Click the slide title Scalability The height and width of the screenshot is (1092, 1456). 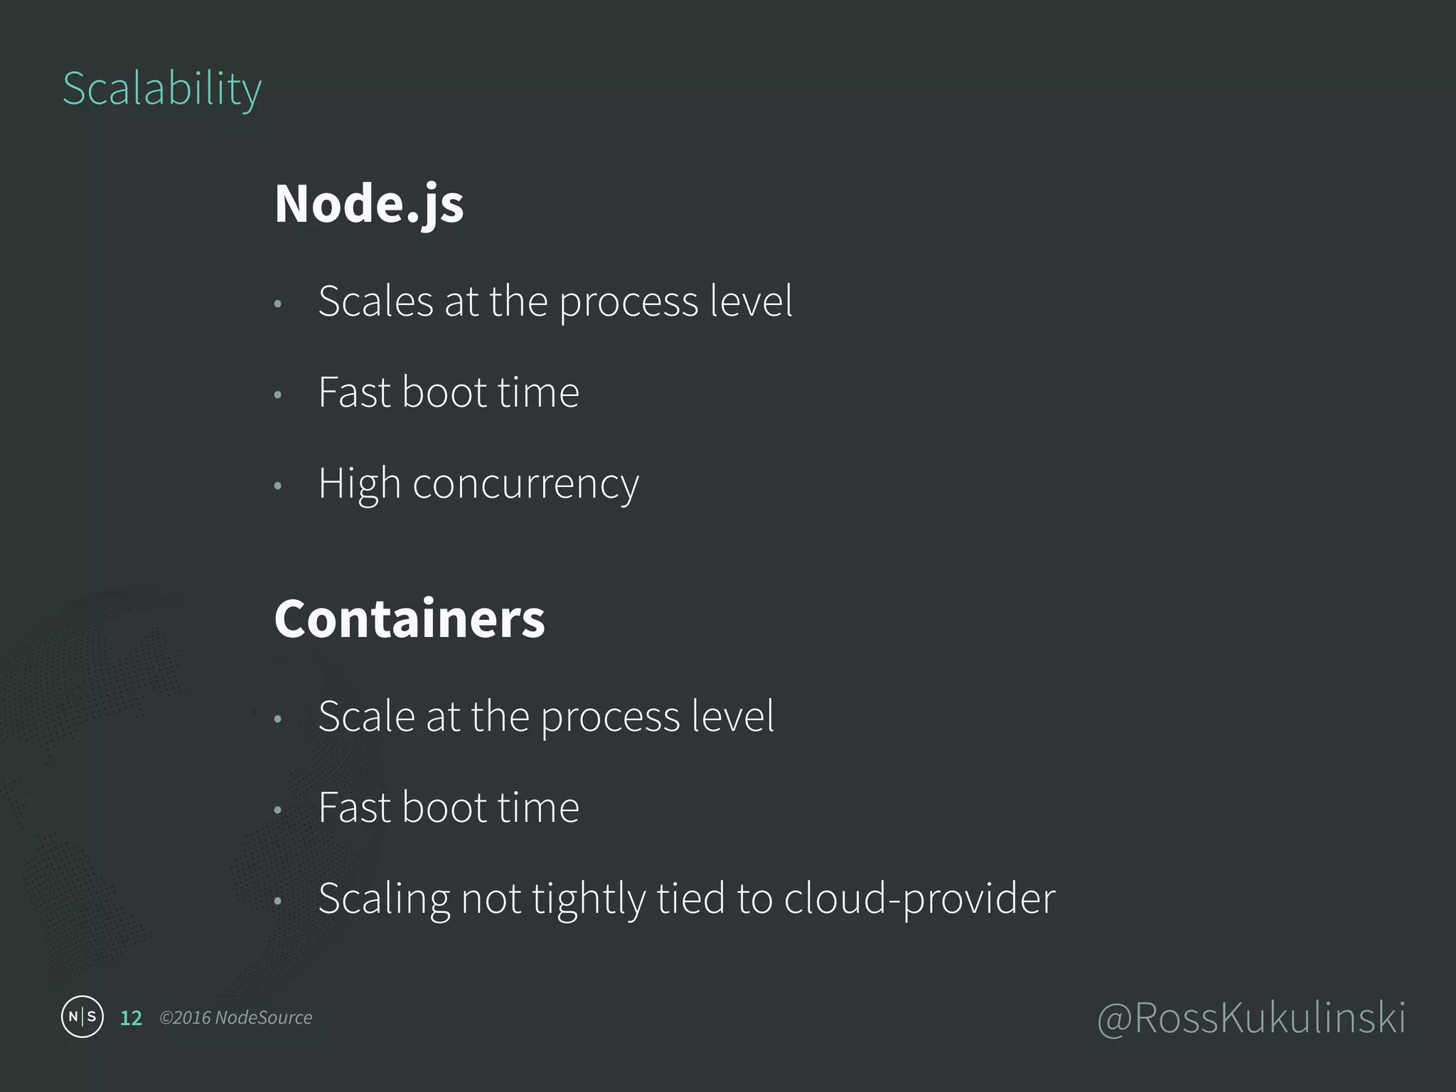click(162, 89)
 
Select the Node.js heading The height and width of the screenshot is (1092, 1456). click(369, 204)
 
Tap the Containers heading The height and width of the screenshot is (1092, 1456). click(409, 619)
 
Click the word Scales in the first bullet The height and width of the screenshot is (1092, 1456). click(375, 301)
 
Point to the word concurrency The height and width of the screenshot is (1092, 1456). click(525, 485)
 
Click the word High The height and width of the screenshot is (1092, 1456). click(359, 485)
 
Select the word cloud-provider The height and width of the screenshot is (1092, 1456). click(919, 899)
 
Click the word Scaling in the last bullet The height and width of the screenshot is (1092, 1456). click(384, 899)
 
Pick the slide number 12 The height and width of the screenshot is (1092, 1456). click(131, 1018)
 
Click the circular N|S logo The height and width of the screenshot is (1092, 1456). click(82, 1017)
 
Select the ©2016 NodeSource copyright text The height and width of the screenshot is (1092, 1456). click(236, 1018)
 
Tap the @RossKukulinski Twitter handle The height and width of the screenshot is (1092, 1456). click(1251, 1018)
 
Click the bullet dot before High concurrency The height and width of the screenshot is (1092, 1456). click(278, 486)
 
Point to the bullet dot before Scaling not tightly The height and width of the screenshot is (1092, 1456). click(278, 901)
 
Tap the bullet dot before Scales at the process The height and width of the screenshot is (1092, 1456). click(278, 304)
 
